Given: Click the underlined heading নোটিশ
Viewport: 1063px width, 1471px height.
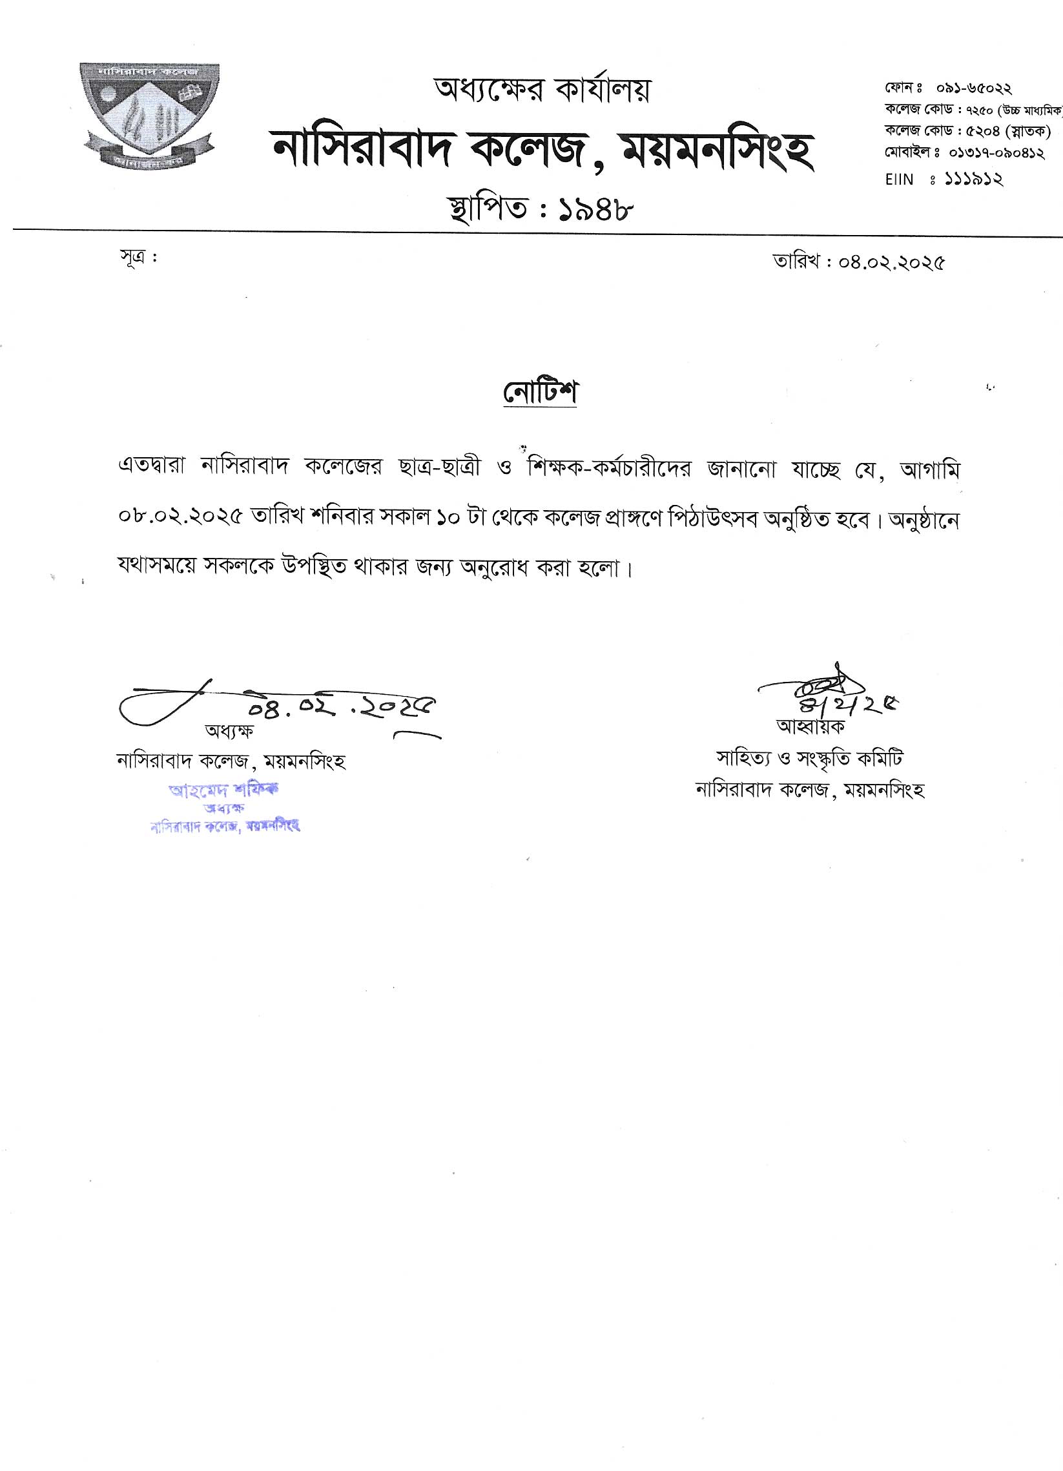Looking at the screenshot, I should point(541,393).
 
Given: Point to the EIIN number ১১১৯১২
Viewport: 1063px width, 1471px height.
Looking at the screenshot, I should point(973,179).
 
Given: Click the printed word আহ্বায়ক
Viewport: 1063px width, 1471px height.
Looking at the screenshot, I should point(810,726).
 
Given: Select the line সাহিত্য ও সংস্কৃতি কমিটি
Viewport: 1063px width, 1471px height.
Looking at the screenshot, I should point(809,757).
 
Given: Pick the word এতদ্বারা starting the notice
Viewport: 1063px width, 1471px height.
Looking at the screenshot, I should point(153,468).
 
